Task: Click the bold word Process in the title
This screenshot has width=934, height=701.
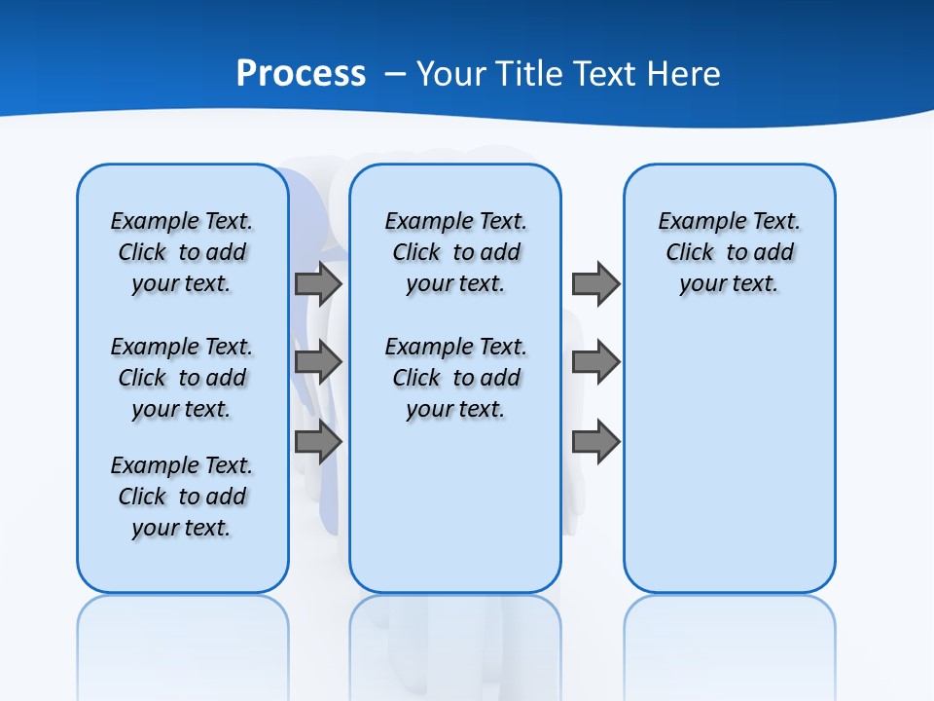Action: point(301,74)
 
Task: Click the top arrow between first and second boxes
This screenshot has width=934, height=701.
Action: point(318,284)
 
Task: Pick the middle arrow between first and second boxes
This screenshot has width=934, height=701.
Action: point(318,362)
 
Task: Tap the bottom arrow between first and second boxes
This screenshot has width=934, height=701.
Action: point(318,442)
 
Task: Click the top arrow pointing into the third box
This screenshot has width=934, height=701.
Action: point(595,284)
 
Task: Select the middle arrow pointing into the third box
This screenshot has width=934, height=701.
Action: point(595,362)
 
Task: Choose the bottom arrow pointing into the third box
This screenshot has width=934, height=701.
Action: point(595,442)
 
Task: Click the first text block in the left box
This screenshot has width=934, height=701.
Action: point(182,252)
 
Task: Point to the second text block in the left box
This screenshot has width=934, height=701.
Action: point(182,378)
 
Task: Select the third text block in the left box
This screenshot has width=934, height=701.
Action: point(182,497)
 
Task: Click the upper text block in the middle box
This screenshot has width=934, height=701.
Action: point(455,252)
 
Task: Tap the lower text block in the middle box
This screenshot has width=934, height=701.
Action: point(455,378)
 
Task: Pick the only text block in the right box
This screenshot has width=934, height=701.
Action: point(729,252)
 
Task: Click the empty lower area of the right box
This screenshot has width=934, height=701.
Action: point(729,467)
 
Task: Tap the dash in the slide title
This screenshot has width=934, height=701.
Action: point(395,74)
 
